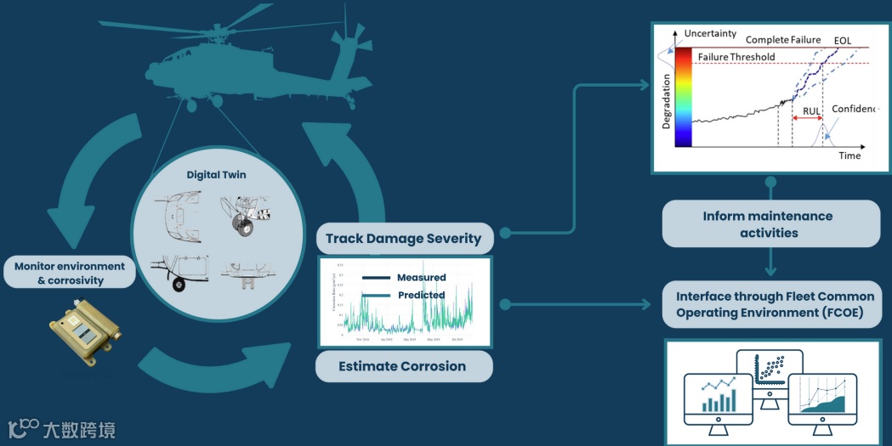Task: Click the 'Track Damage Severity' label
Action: click(403, 239)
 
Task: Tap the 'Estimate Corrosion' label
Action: click(402, 366)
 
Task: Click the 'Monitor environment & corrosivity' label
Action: click(70, 273)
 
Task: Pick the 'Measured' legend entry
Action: click(420, 278)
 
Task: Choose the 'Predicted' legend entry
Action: click(420, 295)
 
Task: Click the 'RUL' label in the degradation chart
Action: click(811, 110)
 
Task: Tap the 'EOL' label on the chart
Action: click(843, 40)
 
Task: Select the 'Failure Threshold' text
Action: click(736, 57)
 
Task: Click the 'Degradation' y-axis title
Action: click(667, 100)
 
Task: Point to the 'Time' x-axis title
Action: click(849, 155)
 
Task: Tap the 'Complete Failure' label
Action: click(783, 40)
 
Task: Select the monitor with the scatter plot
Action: click(770, 375)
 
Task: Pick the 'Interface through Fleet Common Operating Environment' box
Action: click(775, 304)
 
